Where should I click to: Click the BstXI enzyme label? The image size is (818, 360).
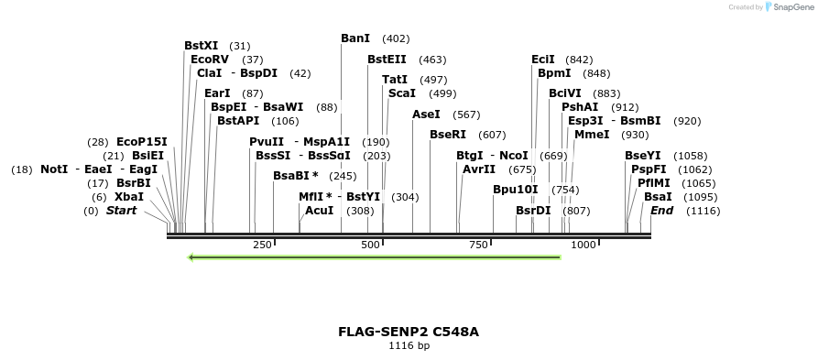tap(201, 46)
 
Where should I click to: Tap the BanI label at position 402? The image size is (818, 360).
tap(355, 38)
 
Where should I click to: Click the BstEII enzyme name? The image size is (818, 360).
tap(387, 60)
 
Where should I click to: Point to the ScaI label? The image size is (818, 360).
tap(402, 93)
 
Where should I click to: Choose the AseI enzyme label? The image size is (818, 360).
tap(426, 115)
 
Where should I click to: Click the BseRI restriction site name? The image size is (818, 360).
tap(448, 135)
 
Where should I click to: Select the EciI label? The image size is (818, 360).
tap(543, 60)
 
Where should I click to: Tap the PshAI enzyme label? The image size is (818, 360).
tap(580, 107)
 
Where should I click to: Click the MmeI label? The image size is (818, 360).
tap(592, 135)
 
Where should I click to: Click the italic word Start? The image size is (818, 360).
tap(122, 211)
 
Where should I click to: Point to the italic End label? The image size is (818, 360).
tap(661, 211)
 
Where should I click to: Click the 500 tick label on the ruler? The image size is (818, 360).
tap(371, 245)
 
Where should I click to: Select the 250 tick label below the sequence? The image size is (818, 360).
tap(262, 245)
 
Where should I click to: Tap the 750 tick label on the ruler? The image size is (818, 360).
tap(478, 245)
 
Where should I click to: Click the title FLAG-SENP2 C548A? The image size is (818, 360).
tap(409, 332)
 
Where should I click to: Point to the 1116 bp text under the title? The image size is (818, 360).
tap(409, 346)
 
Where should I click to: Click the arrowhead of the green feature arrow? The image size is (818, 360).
tap(191, 257)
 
